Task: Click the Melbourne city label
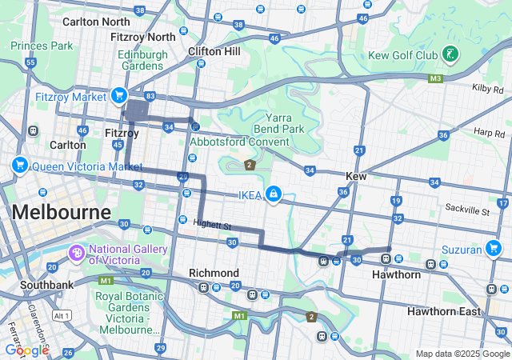point(61,213)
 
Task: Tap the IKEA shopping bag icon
point(274,194)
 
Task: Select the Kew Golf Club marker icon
point(452,55)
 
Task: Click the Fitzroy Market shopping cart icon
point(119,96)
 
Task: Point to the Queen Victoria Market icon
point(20,166)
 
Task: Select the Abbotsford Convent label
point(239,142)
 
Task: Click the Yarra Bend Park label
point(278,122)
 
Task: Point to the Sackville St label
point(467,210)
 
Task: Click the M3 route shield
point(435,78)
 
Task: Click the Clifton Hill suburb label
point(214,50)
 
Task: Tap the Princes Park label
point(41,46)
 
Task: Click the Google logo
point(26,350)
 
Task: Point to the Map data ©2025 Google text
point(461,354)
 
